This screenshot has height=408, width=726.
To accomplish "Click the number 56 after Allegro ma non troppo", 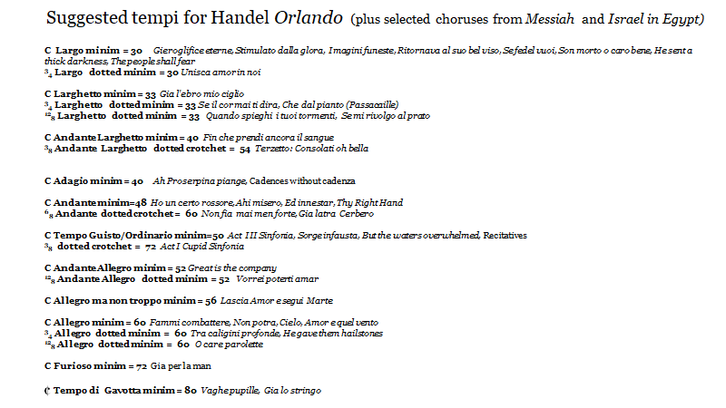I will [211, 300].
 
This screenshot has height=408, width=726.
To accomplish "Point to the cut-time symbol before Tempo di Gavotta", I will [46, 391].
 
